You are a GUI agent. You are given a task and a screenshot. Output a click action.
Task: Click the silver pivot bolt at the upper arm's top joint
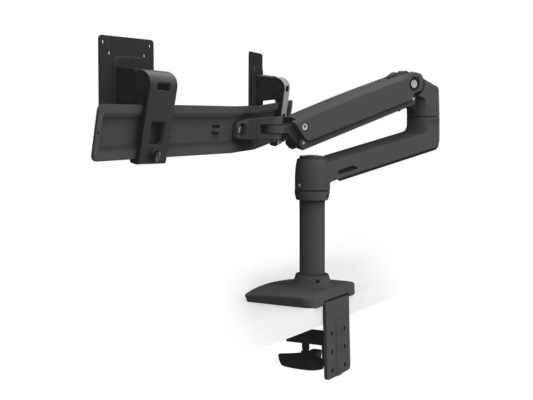[414, 83]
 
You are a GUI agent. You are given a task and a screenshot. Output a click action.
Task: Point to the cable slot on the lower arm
[348, 169]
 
